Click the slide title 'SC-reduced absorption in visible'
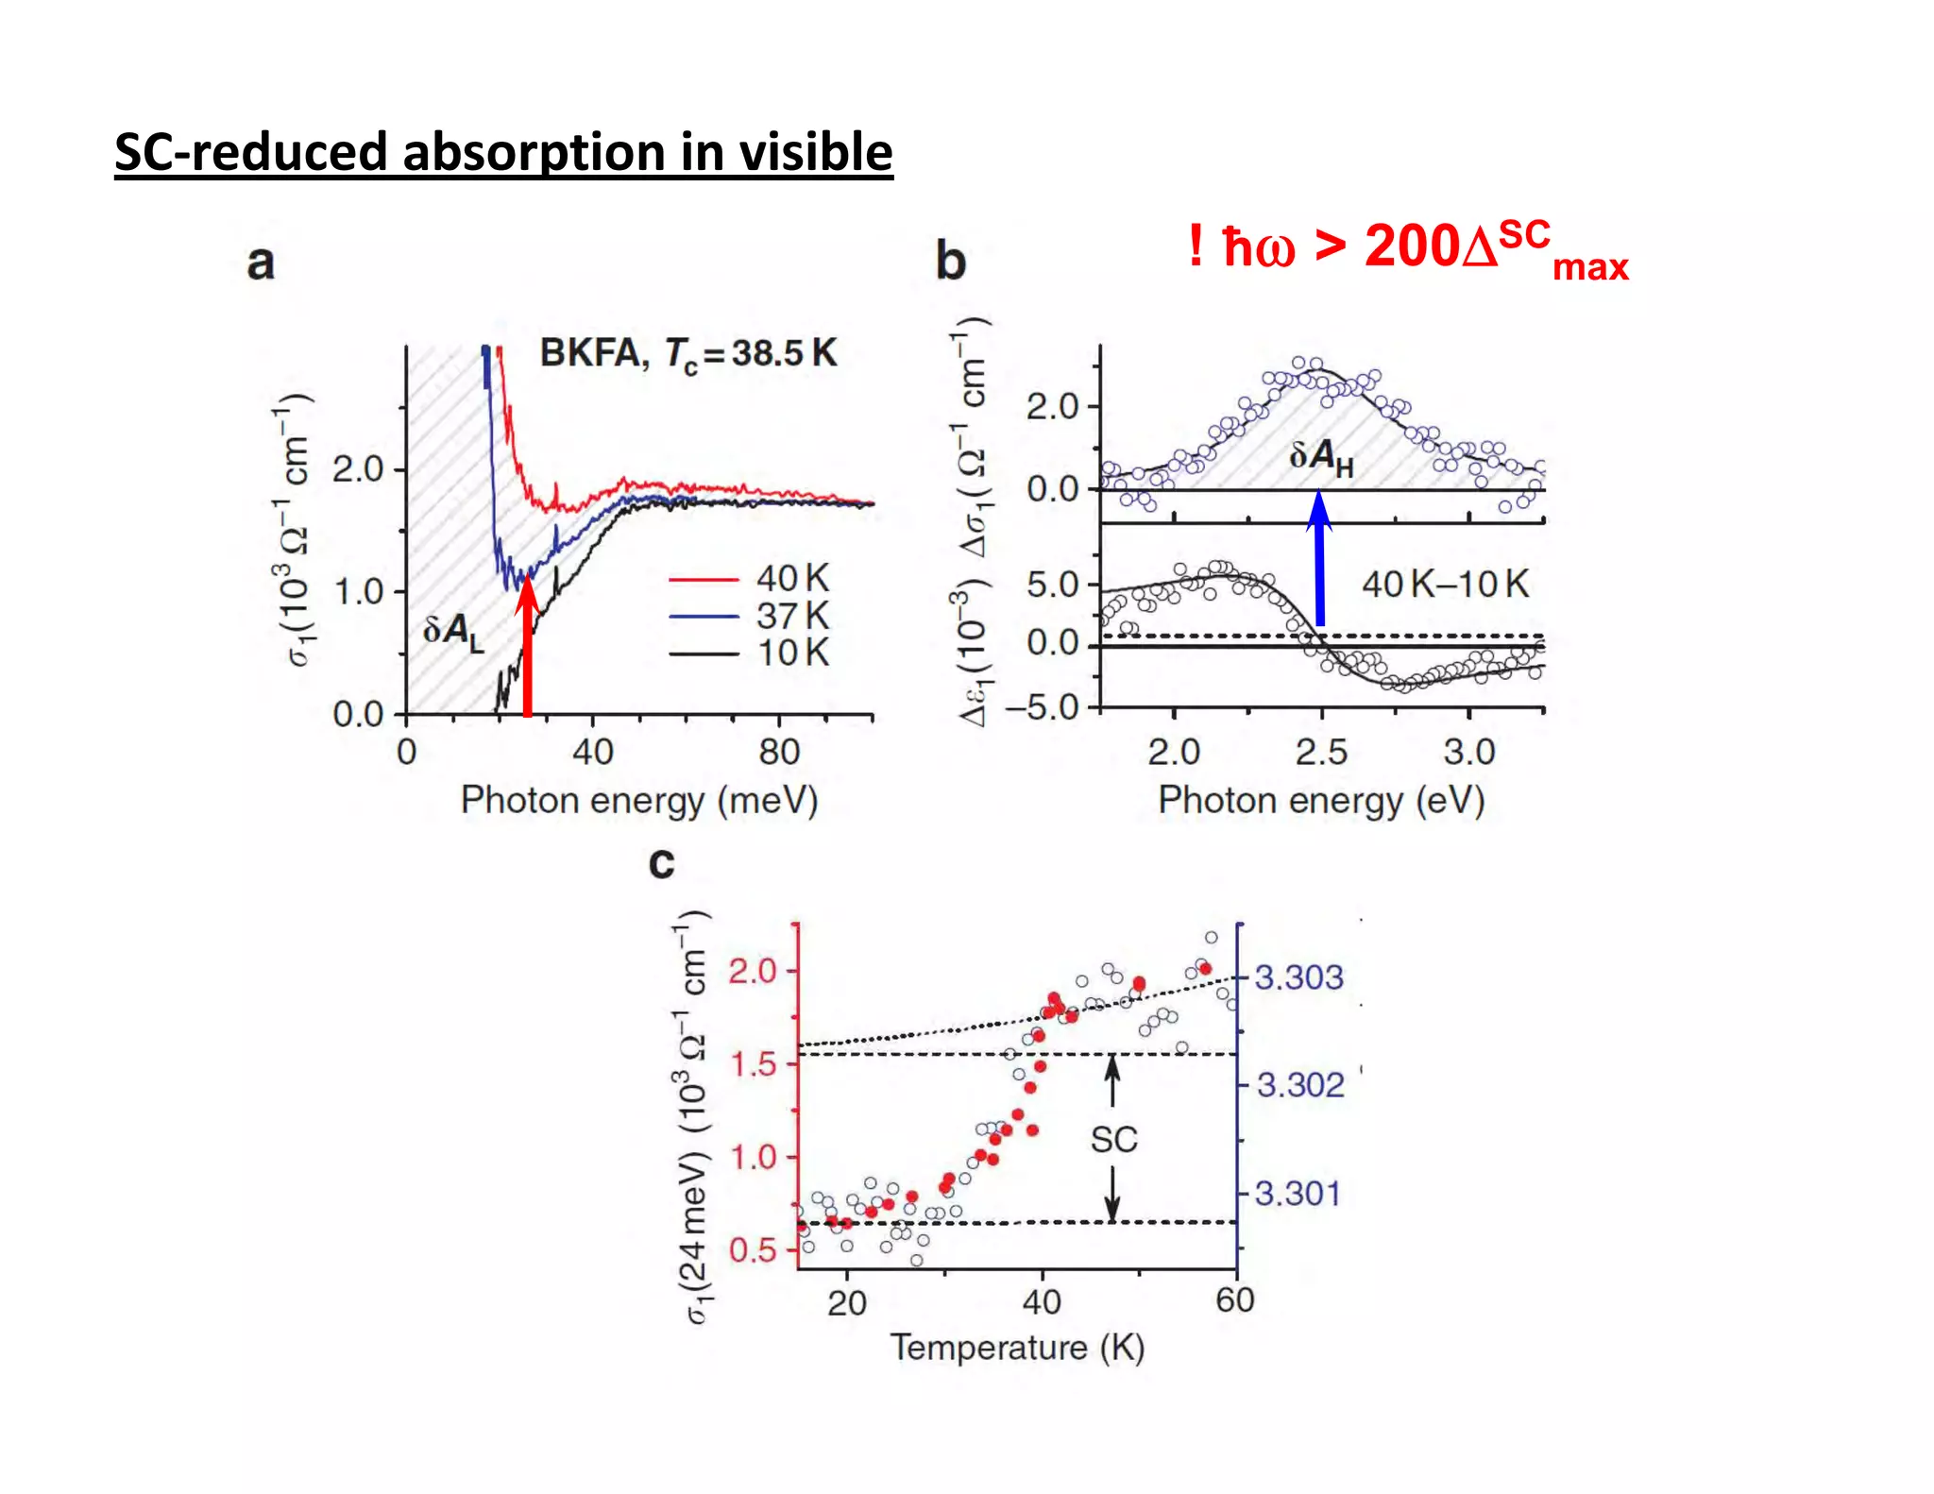(503, 152)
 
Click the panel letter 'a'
(261, 262)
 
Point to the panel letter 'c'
(661, 862)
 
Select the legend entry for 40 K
(749, 578)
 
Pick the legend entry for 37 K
(749, 616)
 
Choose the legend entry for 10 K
(749, 653)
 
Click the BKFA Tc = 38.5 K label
(687, 353)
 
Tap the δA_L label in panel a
(452, 631)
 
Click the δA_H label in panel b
(1320, 458)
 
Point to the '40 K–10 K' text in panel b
(1444, 585)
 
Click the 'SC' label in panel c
(1113, 1139)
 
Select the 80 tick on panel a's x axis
(778, 752)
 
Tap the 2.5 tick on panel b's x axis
(1320, 752)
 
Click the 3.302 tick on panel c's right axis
(1299, 1084)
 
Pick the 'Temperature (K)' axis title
(1017, 1347)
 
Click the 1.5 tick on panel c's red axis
(754, 1064)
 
